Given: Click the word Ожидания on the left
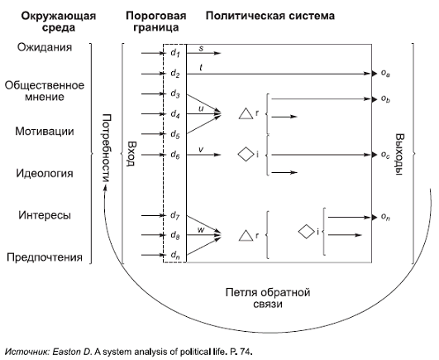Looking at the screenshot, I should pos(44,48).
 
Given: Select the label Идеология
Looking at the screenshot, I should pos(45,174).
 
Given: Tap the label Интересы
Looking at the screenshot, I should pos(45,216).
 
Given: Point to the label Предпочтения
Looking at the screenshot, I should pos(45,258).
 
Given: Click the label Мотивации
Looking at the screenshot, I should pos(45,132).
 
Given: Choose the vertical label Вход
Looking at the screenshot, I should pos(129,153).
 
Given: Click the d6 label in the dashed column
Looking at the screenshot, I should pos(174,154).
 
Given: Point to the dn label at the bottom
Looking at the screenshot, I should pos(174,256).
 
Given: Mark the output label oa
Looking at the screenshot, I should pos(385,74).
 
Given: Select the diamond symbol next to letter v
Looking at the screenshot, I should pos(245,154).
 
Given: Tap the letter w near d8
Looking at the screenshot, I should pos(201,228).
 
